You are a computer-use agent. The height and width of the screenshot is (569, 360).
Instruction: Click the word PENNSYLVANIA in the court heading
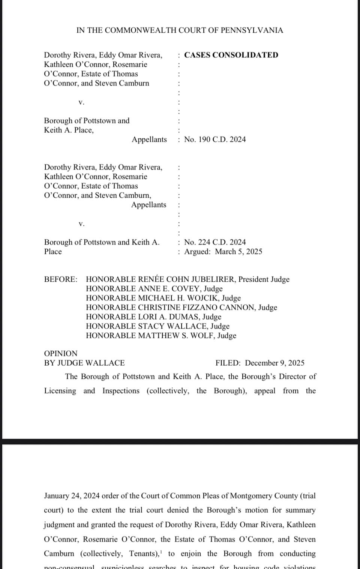point(252,30)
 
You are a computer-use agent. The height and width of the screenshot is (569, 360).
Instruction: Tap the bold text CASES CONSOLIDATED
point(231,55)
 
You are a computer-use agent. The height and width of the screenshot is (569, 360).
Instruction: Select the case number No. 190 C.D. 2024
point(215,140)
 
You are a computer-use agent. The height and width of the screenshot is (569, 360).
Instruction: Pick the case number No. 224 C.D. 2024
point(215,242)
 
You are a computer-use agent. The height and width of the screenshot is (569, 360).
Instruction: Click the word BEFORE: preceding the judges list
point(61,279)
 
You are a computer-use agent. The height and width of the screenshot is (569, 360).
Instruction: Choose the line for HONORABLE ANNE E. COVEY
point(154,289)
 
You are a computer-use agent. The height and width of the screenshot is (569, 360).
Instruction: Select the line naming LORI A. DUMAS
point(153,317)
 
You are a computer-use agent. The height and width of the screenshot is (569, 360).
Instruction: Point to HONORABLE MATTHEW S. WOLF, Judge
point(161,336)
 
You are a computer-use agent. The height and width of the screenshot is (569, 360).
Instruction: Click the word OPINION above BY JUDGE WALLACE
point(61,354)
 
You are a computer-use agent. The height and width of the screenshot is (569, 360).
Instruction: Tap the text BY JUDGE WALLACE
point(84,363)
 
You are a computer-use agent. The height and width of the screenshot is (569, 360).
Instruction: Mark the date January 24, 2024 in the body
point(72,496)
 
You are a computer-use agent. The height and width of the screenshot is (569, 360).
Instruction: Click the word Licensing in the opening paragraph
point(60,391)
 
